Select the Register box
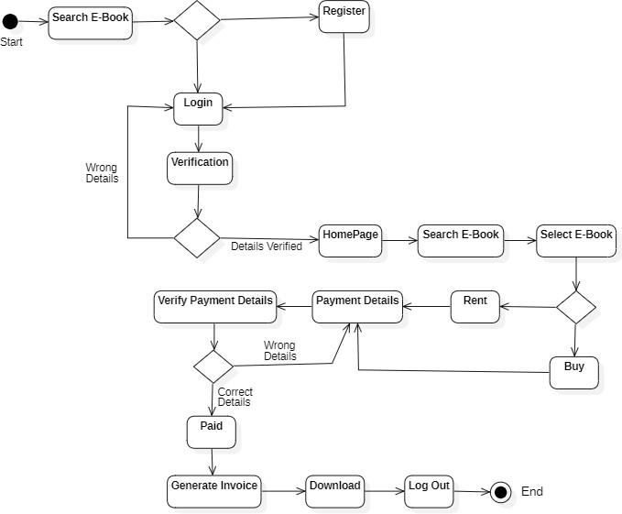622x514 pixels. (x=344, y=17)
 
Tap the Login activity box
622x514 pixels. (x=198, y=108)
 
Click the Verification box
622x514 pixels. (x=200, y=168)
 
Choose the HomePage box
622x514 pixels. (x=350, y=240)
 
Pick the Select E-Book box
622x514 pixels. (x=575, y=240)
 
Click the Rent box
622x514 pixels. (x=475, y=306)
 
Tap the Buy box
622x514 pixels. (x=574, y=372)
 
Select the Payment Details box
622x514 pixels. (x=357, y=307)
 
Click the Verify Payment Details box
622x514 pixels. (x=215, y=307)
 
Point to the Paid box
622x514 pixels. (x=212, y=432)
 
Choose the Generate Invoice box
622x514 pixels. (x=214, y=491)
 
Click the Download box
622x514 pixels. (x=334, y=491)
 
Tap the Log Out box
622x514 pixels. (x=430, y=491)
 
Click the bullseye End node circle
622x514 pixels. (x=500, y=492)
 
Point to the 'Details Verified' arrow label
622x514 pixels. (x=267, y=246)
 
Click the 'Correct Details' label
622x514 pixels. (x=235, y=397)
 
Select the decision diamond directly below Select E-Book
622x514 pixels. (x=576, y=306)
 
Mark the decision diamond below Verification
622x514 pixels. (x=197, y=238)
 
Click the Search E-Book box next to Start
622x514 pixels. (x=91, y=22)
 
